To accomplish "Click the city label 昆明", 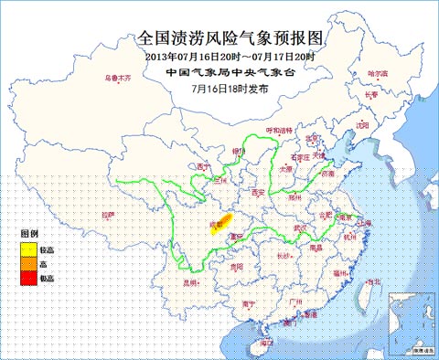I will [191, 283].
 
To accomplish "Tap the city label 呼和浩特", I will [279, 131].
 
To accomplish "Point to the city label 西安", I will [257, 193].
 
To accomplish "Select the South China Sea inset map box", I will [412, 322].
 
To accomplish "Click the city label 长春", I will [371, 93].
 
